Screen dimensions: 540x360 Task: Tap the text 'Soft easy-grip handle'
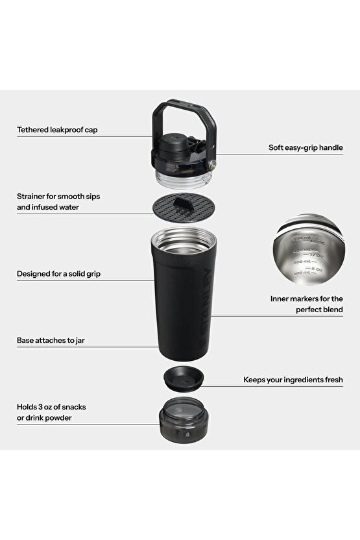[306, 147]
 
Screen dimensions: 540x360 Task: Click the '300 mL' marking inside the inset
[296, 262]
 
